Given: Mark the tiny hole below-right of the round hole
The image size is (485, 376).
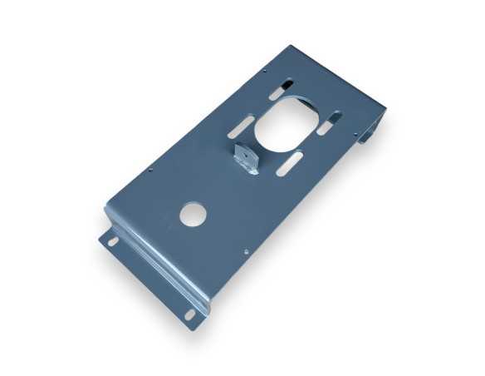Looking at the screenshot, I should click(247, 250).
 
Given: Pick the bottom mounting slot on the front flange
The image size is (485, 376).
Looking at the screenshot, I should click(189, 314).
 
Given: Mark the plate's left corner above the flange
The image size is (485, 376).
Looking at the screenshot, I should click(105, 206).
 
